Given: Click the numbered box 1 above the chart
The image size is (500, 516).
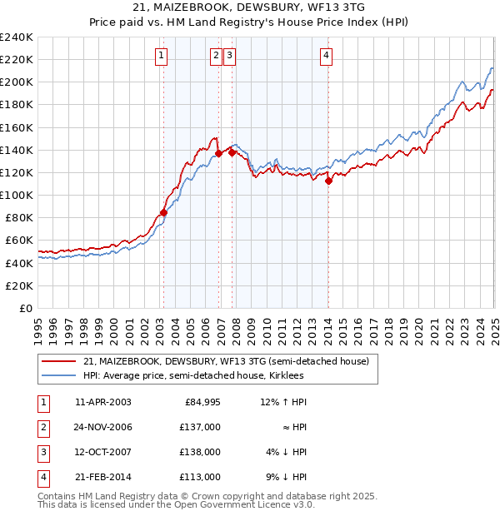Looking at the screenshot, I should (160, 56).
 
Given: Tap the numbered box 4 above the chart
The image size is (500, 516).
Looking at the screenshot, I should (327, 56).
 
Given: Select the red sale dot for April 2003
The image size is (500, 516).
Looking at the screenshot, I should (163, 212).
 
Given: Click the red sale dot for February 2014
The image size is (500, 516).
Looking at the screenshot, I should (329, 181).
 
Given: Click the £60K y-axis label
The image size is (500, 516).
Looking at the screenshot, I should (19, 240).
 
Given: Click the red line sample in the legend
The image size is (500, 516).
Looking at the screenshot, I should (60, 361).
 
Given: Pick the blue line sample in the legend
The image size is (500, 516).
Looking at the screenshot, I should (60, 375).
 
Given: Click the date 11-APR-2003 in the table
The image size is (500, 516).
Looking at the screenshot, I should (102, 402).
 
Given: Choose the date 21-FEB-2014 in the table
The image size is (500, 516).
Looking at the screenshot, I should (102, 477).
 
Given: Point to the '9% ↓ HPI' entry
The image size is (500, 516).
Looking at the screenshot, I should (286, 477).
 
